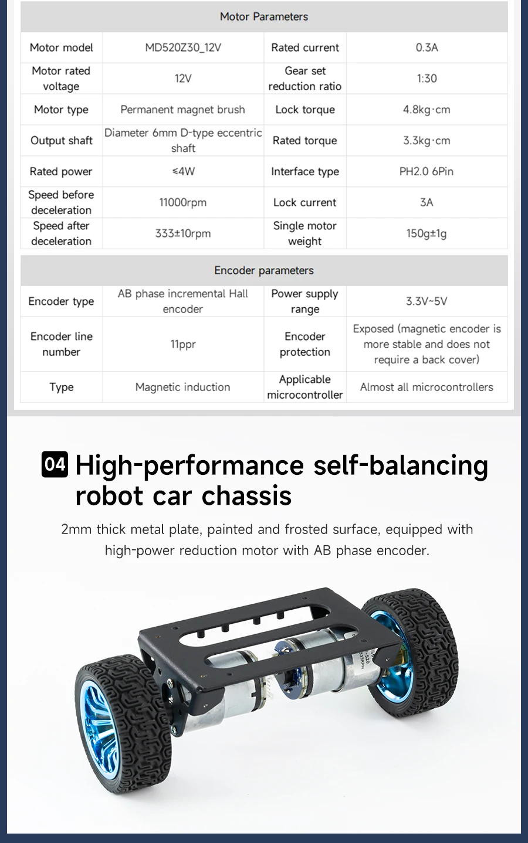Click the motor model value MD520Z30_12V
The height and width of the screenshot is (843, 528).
[183, 47]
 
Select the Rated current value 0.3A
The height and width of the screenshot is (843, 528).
[427, 47]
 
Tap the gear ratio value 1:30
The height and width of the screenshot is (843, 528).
[427, 79]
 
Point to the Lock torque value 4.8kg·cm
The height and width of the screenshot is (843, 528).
[427, 110]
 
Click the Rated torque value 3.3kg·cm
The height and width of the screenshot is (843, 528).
[427, 141]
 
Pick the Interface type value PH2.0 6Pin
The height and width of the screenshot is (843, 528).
[427, 172]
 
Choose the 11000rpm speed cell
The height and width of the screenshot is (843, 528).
[183, 203]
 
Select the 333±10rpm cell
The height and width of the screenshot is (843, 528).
[183, 233]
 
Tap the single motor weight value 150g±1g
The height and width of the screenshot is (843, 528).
[427, 233]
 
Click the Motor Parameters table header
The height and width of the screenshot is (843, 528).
[264, 16]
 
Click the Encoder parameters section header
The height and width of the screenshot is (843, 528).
[264, 270]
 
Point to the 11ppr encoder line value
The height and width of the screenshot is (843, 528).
[183, 344]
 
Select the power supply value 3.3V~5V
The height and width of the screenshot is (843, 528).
[427, 301]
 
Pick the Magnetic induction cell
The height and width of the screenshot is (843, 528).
[183, 387]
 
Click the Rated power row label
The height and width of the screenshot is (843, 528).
[61, 172]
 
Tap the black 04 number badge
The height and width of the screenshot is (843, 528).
[55, 464]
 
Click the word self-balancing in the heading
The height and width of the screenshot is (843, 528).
[401, 465]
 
